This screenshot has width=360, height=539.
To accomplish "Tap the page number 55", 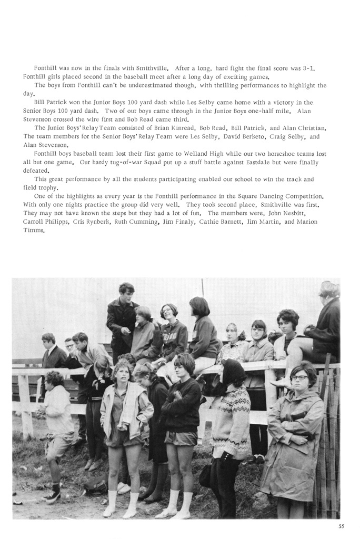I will pyautogui.click(x=342, y=525).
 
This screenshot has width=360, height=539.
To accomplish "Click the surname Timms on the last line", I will pyautogui.click(x=34, y=231).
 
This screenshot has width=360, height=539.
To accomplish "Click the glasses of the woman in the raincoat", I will pyautogui.click(x=299, y=378).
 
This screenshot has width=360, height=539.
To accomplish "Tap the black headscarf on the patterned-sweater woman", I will pyautogui.click(x=233, y=371).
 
